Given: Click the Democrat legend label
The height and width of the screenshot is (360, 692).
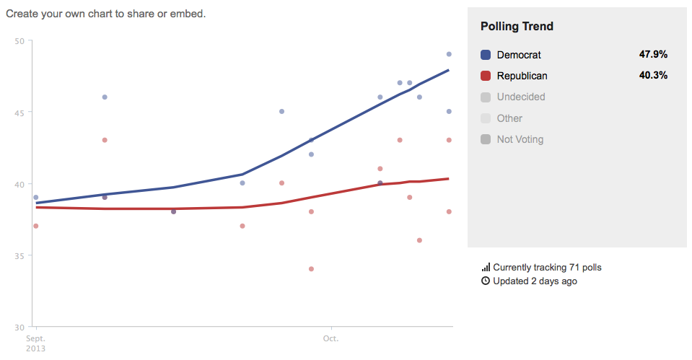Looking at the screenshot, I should [519, 55].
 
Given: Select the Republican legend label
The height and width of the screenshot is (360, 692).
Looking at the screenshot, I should [522, 76].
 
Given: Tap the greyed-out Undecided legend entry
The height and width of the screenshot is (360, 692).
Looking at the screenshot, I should [521, 97].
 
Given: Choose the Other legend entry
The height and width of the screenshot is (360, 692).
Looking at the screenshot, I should [509, 118].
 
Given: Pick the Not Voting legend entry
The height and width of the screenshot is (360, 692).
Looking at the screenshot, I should [520, 139].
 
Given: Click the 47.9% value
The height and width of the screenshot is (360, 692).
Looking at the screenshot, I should [653, 55].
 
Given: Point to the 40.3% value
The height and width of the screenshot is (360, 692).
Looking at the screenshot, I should [653, 76].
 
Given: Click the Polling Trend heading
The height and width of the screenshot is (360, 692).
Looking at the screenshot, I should [517, 27].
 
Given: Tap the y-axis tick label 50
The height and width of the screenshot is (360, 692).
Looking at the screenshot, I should [19, 40].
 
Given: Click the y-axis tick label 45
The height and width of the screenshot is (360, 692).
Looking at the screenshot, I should [19, 113].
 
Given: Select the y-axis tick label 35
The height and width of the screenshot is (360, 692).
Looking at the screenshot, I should [19, 256].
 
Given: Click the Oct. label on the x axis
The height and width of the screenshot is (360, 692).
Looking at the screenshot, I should [330, 338].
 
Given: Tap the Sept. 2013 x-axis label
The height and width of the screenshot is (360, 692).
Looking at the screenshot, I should [36, 343].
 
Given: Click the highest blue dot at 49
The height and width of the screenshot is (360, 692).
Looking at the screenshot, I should [449, 54].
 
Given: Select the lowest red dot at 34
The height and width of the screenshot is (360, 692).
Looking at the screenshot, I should [311, 269].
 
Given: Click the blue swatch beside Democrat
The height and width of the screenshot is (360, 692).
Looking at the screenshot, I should [486, 55].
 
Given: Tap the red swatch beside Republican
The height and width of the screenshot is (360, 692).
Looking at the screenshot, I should [486, 76].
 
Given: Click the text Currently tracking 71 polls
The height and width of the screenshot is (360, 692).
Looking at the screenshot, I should [547, 268].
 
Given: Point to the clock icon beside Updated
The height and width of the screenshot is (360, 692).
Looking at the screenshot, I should [486, 281].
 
